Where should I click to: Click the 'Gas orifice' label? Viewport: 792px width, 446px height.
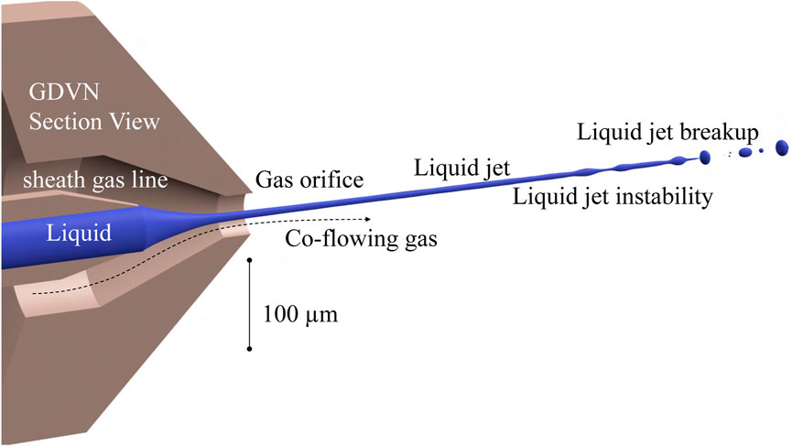coord(309,179)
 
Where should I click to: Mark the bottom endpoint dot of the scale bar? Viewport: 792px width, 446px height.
coord(249,348)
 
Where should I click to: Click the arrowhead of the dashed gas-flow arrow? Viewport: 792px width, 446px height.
coord(368,219)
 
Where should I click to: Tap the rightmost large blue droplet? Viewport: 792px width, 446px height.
coord(782,147)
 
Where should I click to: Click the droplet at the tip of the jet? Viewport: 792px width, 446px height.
coord(705,157)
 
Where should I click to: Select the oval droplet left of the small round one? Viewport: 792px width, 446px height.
coord(745,152)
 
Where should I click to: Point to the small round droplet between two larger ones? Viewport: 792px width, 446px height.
coord(759,150)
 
